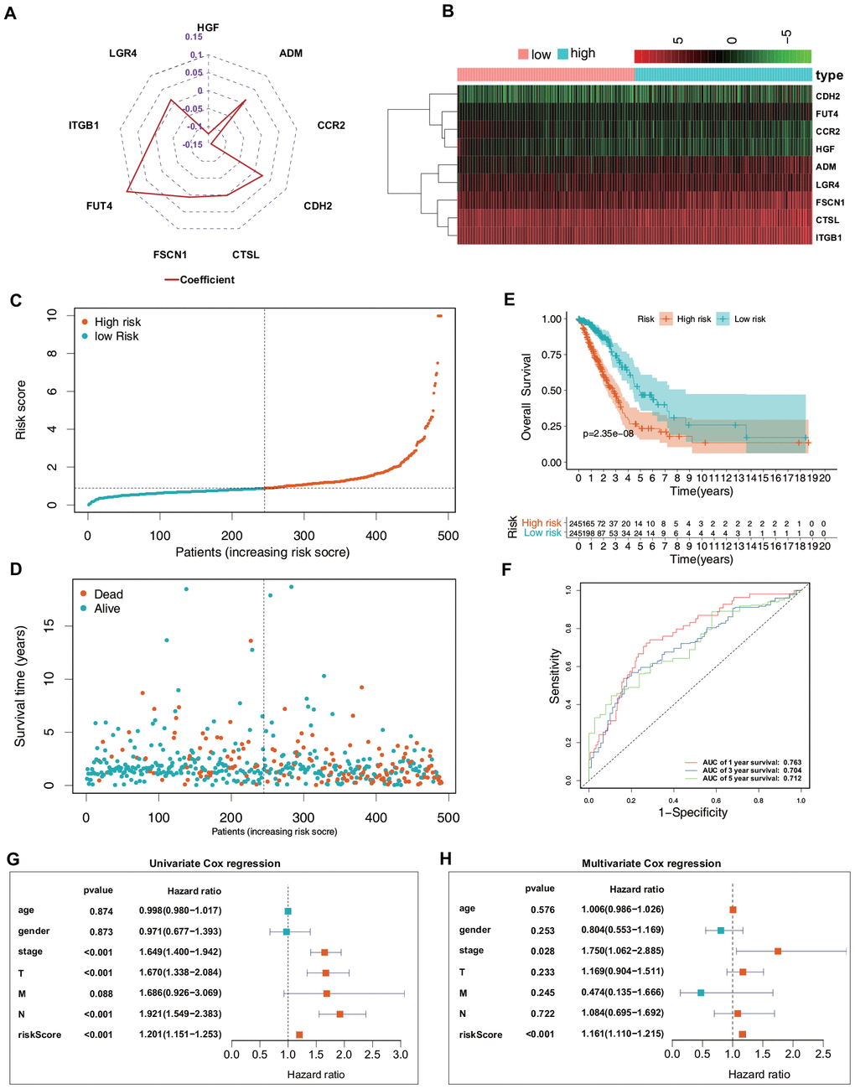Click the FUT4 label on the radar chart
(99, 206)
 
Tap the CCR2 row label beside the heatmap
(827, 132)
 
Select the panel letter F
(505, 570)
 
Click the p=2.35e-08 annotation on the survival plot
(608, 434)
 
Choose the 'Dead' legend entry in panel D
(108, 594)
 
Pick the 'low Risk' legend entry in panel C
(117, 336)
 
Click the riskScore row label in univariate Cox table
(39, 1035)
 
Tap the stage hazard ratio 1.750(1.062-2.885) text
(622, 951)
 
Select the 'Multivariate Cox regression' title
(651, 863)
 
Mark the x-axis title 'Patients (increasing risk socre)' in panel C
(262, 552)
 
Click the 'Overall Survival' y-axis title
(526, 397)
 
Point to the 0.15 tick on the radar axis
(194, 37)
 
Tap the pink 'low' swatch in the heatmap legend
(523, 54)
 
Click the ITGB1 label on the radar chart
(84, 126)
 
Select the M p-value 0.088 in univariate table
(101, 993)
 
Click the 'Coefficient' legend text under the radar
(207, 280)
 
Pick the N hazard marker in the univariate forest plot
(339, 1014)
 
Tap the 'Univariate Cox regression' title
(215, 863)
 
